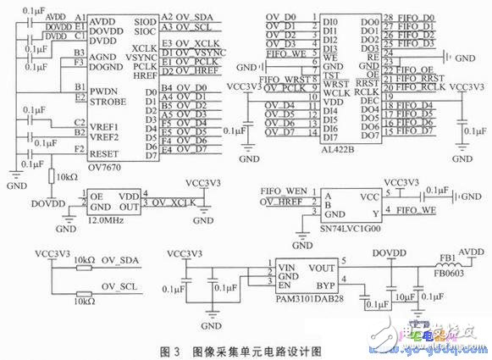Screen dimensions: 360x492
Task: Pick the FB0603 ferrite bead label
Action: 445,274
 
